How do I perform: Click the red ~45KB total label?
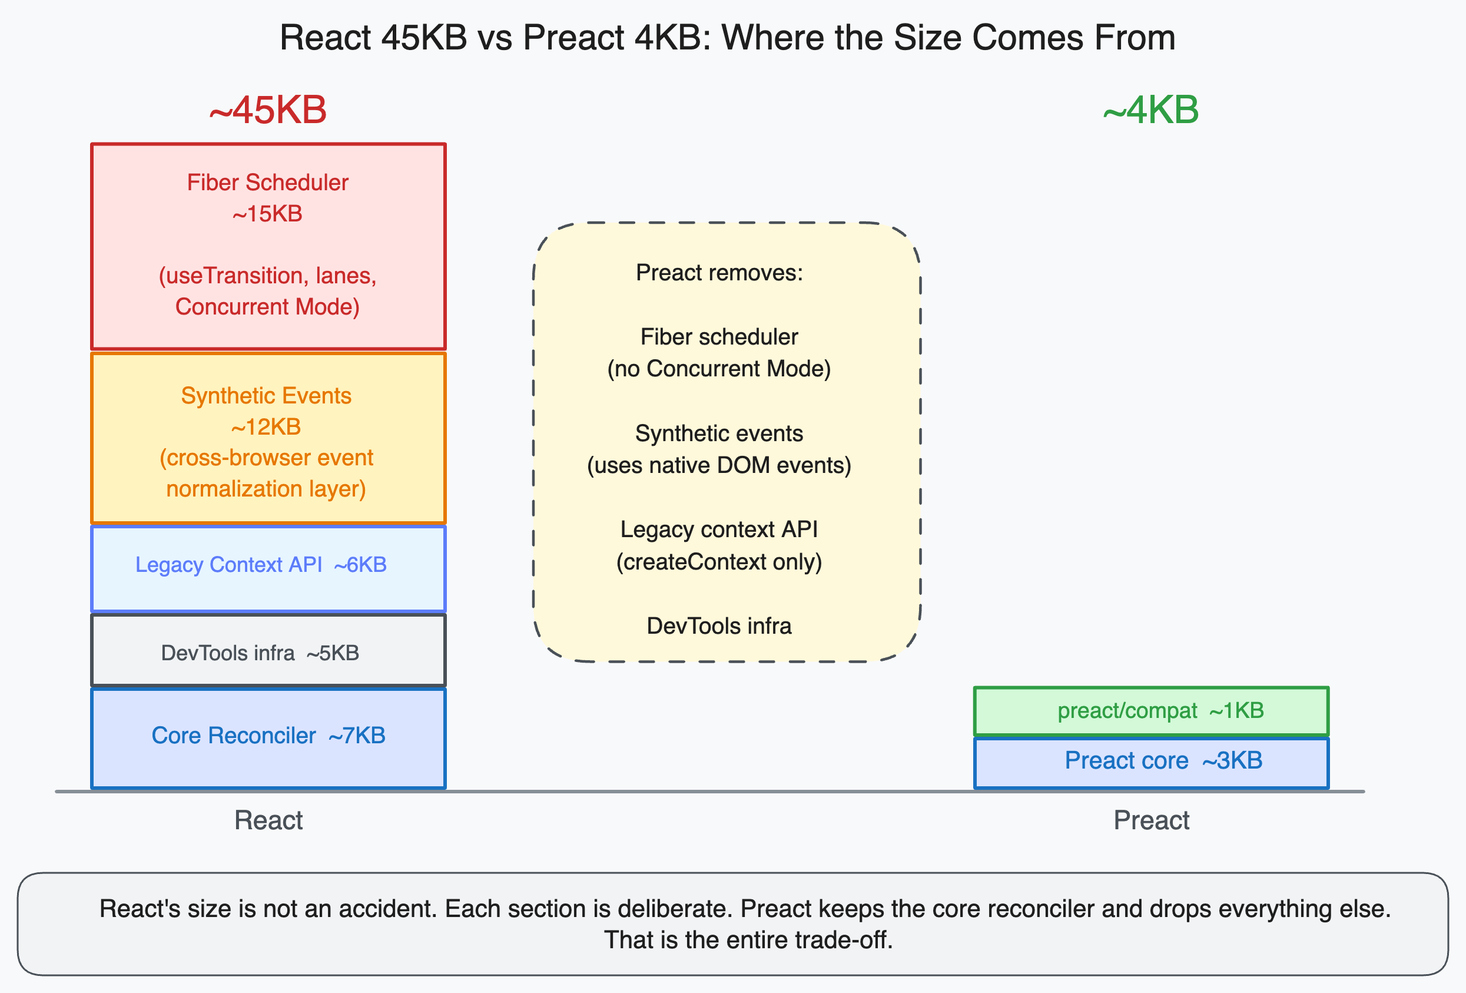point(267,110)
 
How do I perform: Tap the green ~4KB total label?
point(1150,110)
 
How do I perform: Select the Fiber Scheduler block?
point(267,246)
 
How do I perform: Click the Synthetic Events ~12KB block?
point(267,438)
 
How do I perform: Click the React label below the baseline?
point(268,821)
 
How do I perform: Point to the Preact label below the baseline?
point(1150,821)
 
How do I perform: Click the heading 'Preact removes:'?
point(719,273)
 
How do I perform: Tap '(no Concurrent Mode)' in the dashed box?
point(719,369)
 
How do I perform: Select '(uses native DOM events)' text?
point(719,466)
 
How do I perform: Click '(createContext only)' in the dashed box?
point(719,562)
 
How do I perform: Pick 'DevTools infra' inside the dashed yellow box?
point(719,627)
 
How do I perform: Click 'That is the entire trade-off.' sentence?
point(748,941)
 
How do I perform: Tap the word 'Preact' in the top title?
point(573,38)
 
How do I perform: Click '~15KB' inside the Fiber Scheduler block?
point(267,214)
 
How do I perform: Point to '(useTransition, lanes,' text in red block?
point(267,276)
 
